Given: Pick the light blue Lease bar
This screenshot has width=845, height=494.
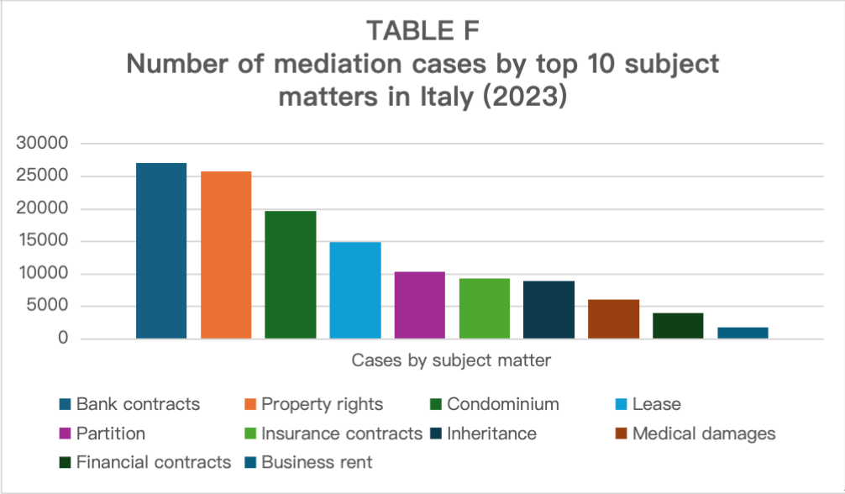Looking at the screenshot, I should (355, 290).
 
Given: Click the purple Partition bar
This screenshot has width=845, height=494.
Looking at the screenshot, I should (419, 305).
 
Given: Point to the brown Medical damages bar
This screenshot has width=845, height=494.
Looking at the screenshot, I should (613, 318).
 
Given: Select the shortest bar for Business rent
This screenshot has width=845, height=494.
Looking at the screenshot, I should (743, 333).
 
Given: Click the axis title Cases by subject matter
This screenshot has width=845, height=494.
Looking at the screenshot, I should (451, 361).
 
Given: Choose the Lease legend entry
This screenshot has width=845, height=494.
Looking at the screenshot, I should (656, 404).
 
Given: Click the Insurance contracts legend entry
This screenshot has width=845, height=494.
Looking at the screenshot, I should (341, 434).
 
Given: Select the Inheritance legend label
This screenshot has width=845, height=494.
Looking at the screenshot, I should (492, 434).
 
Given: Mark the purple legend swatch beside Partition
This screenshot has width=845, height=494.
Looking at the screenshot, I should (65, 434).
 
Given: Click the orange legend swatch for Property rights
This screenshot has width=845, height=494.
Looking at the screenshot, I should (250, 404).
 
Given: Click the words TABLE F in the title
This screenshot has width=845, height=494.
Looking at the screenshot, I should (422, 31).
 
